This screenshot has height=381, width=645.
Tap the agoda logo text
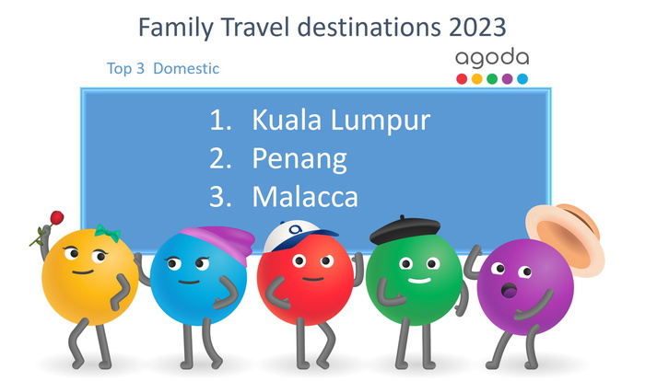(492, 58)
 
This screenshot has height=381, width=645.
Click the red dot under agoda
(462, 79)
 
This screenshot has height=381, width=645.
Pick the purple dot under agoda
(507, 79)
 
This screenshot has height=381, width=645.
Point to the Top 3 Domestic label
(163, 69)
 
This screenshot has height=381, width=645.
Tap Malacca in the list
(305, 197)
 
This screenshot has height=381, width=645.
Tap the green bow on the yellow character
(106, 233)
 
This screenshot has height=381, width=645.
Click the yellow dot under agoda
(477, 79)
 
